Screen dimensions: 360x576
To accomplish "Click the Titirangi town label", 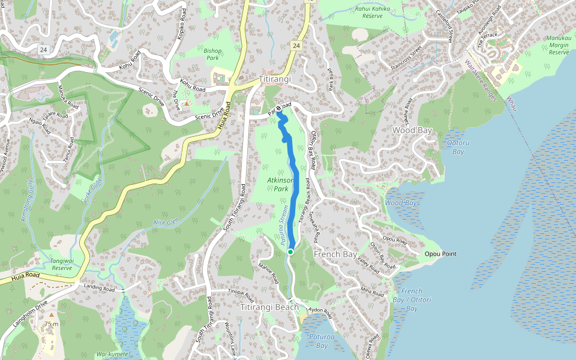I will [x=275, y=79].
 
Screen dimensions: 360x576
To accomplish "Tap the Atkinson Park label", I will [x=280, y=184].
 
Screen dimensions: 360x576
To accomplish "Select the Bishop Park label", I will [x=212, y=55].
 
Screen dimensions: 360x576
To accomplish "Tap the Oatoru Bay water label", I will [x=456, y=147].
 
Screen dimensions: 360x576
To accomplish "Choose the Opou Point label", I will [x=440, y=254].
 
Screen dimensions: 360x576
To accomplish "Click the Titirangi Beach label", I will [x=269, y=307].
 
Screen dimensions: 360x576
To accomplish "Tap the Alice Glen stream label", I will [x=167, y=223].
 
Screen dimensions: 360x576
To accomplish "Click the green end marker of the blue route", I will [x=290, y=252].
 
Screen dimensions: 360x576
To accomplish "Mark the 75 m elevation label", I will [x=52, y=324].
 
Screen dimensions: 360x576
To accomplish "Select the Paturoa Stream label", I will [x=283, y=225].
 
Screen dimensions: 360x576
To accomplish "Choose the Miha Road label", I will [x=372, y=291].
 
